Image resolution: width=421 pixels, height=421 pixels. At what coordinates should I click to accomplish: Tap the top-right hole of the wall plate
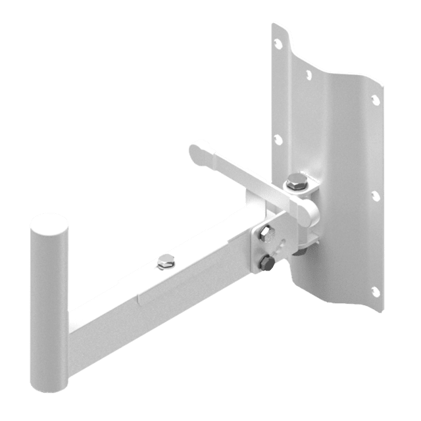376,99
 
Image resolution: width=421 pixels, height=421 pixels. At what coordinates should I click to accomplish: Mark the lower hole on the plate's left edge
278,139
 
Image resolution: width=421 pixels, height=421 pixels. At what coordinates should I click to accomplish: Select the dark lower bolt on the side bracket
266,264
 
